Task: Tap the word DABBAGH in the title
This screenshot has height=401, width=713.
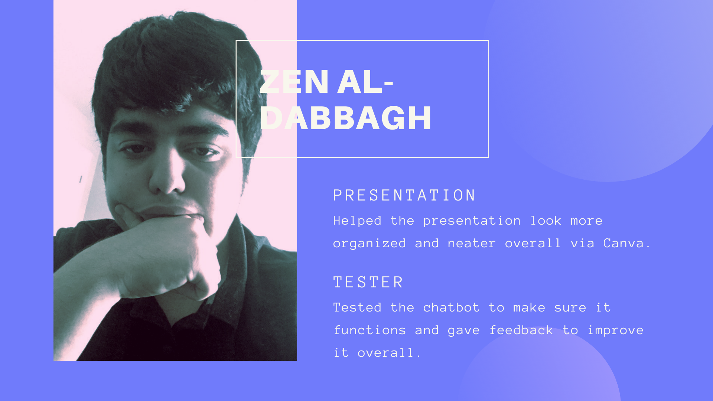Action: tap(346, 118)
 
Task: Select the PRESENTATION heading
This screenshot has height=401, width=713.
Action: tap(404, 195)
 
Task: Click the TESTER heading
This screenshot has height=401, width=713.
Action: tap(368, 282)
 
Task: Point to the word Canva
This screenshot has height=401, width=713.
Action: tap(627, 243)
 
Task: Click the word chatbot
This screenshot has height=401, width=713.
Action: tap(451, 307)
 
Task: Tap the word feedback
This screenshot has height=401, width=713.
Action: tap(521, 330)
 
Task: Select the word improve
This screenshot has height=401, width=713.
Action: tap(616, 330)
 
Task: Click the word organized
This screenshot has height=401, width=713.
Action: tap(369, 244)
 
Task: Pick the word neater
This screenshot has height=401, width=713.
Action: tap(472, 244)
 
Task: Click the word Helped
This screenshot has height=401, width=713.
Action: tap(357, 221)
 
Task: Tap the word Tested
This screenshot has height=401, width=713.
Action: tap(357, 307)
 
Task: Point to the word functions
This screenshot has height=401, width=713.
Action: tap(370, 330)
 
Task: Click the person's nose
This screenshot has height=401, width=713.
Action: tap(167, 175)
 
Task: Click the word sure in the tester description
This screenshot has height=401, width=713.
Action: tap(570, 308)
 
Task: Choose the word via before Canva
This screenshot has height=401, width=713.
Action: tap(583, 243)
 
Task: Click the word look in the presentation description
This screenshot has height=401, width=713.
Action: tap(546, 221)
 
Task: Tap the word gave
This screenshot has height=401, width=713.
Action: tap(464, 331)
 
